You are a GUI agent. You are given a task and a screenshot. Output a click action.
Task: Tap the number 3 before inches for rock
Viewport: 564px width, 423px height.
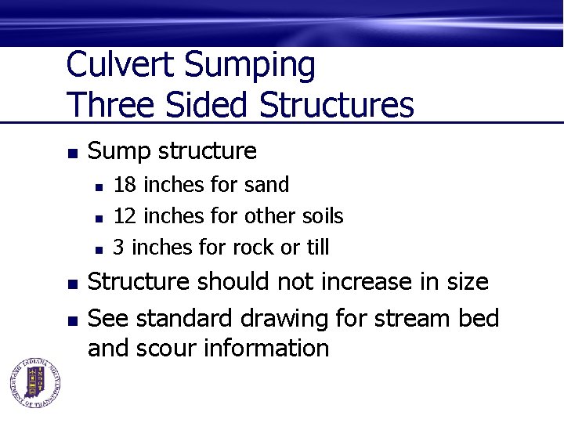pos(119,248)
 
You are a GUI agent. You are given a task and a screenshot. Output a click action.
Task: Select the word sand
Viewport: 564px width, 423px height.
pos(266,185)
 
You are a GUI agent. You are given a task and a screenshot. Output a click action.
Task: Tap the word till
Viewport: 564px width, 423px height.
pos(317,248)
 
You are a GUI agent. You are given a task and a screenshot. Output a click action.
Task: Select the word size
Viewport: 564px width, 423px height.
pos(465,281)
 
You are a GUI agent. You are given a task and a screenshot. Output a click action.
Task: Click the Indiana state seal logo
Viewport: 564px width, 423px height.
pos(34,383)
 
